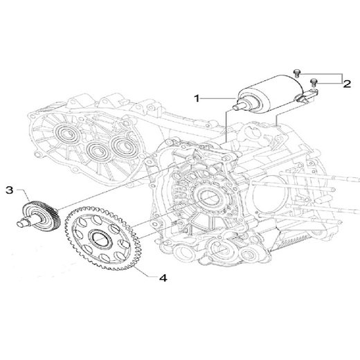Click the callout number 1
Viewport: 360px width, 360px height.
[197, 98]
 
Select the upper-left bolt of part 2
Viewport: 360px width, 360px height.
[298, 71]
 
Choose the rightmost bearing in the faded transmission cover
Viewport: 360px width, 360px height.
[124, 146]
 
